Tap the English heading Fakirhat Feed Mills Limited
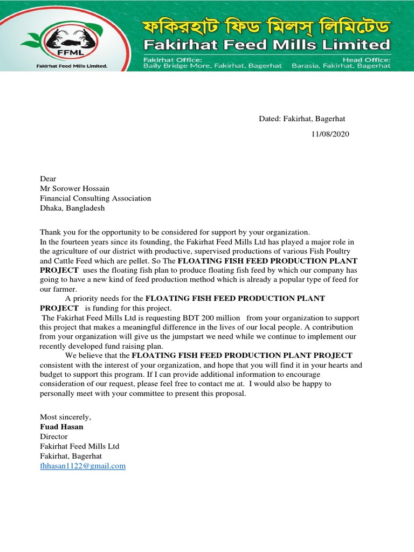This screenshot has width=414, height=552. coord(265,44)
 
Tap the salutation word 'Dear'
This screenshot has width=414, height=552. coord(48,179)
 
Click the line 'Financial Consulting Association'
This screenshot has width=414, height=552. coord(95,198)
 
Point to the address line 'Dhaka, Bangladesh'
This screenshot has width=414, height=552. coord(72,208)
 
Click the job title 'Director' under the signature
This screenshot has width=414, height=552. coord(54,437)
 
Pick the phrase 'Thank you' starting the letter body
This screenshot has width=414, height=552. coord(56,232)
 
